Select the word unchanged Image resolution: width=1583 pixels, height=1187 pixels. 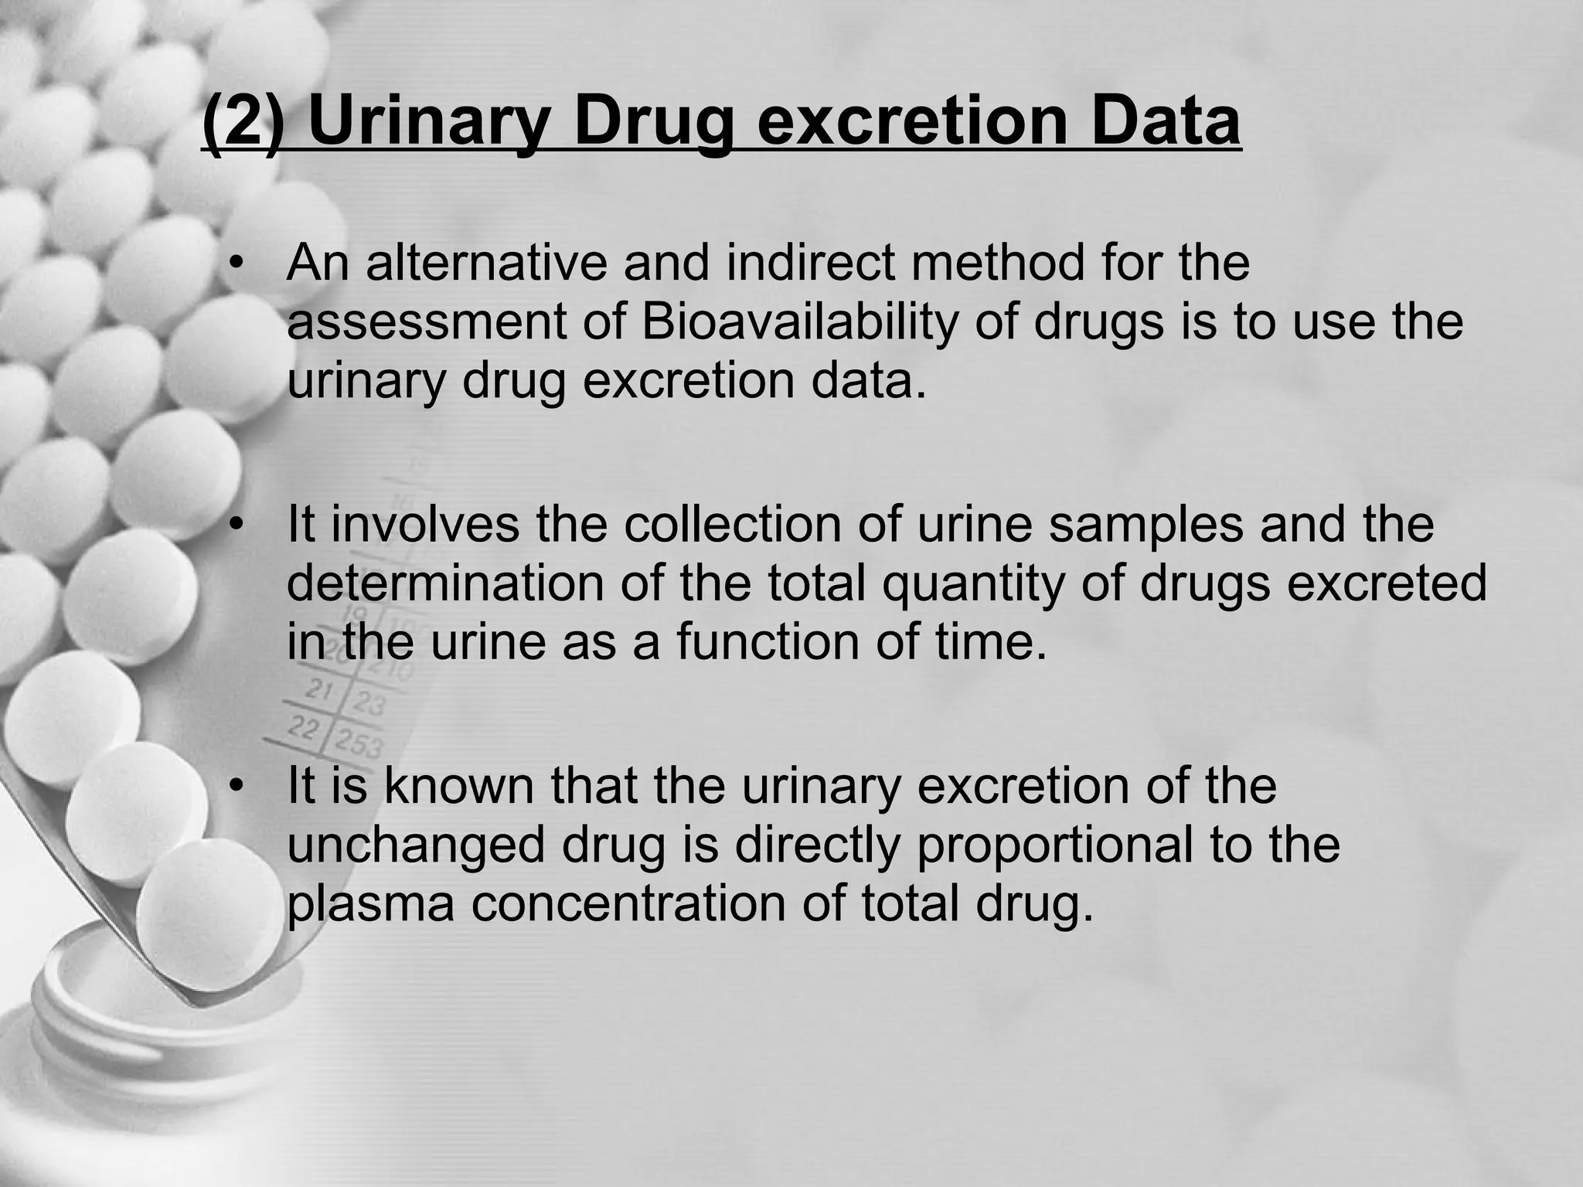[417, 844]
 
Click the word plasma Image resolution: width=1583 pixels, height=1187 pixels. [371, 904]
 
